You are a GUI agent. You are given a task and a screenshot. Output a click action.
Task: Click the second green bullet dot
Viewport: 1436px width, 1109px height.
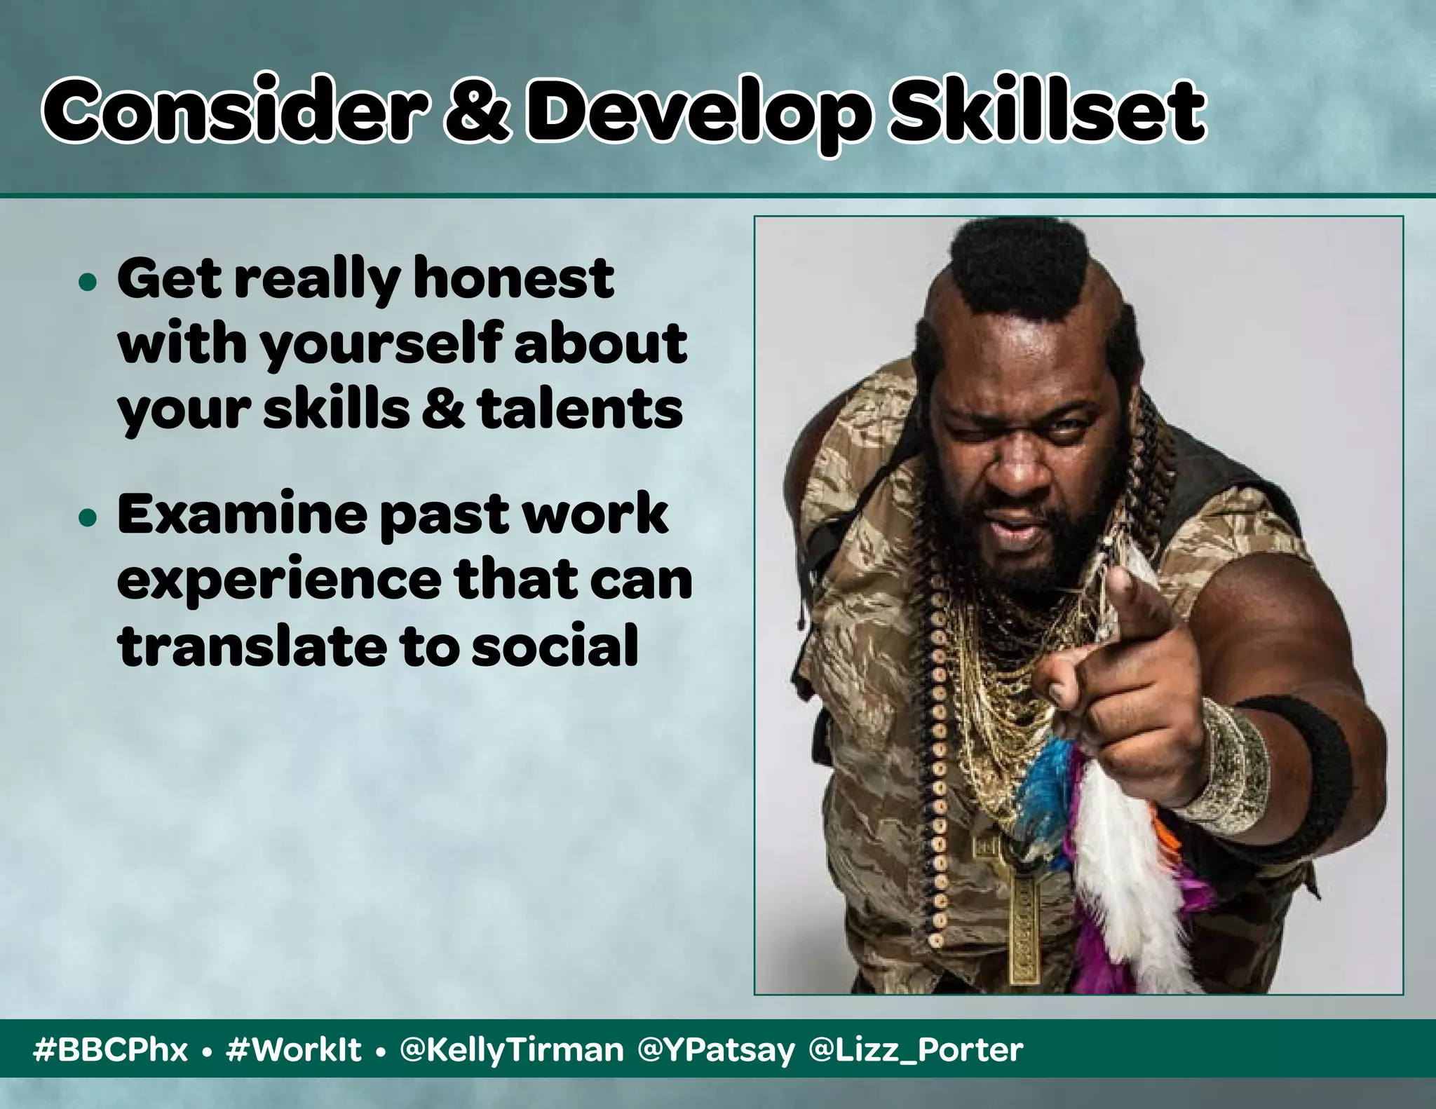click(88, 518)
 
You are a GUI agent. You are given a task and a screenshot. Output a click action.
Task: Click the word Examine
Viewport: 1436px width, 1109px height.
click(242, 514)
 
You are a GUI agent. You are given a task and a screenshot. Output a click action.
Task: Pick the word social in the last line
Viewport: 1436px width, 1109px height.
click(554, 646)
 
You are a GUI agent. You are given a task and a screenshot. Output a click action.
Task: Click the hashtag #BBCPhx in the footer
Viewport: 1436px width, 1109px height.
click(111, 1049)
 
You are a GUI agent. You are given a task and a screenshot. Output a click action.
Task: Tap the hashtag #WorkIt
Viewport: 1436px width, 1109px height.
click(294, 1049)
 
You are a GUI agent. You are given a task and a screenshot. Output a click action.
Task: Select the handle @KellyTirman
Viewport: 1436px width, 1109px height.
click(511, 1049)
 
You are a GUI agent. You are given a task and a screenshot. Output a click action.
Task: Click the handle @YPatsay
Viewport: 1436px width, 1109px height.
click(717, 1049)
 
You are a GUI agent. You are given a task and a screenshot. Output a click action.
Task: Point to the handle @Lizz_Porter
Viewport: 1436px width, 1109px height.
click(916, 1049)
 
